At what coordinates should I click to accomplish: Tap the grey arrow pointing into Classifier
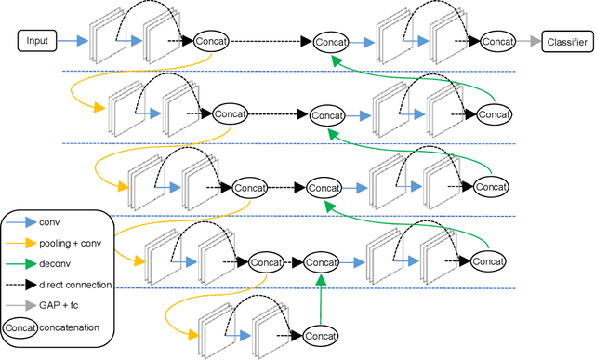528,41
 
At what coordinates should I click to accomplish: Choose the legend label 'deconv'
54,262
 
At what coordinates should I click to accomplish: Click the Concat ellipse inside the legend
20,326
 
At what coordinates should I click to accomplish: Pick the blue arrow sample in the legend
20,222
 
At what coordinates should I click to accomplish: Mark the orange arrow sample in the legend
20,242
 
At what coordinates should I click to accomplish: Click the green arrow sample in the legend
20,262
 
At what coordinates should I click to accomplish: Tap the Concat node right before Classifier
498,41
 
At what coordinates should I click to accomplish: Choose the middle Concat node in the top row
330,41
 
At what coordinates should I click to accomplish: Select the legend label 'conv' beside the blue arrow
48,222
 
